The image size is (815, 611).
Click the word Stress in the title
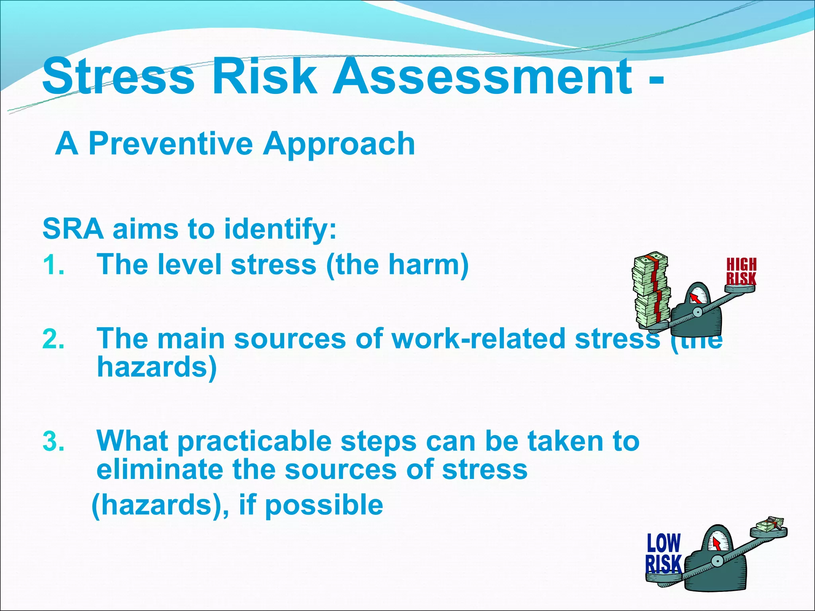[119, 76]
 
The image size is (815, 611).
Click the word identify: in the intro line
[280, 230]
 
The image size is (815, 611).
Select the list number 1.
[53, 265]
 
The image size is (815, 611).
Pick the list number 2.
[53, 339]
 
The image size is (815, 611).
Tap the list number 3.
[53, 442]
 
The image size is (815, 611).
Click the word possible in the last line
[324, 505]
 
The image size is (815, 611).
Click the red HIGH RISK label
[741, 272]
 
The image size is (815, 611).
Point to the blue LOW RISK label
[663, 553]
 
